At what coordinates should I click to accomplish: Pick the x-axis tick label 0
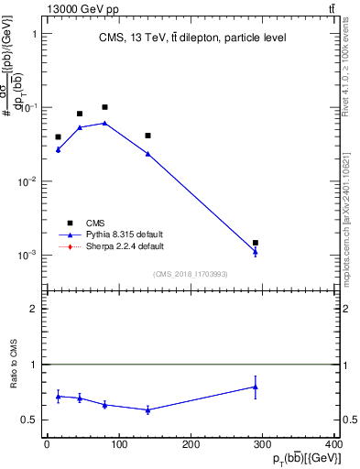[x=47, y=444]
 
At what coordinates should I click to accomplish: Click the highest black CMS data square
[x=104, y=107]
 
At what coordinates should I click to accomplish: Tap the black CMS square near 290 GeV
[x=256, y=243]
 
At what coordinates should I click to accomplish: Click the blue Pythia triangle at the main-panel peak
[x=104, y=122]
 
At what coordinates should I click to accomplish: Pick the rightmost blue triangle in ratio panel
[x=256, y=387]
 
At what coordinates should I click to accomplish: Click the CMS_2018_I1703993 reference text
[x=191, y=274]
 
